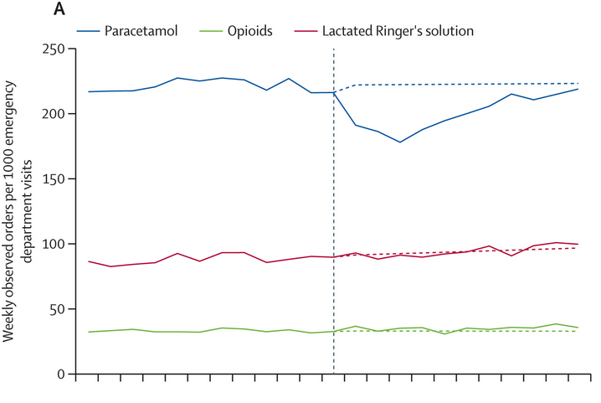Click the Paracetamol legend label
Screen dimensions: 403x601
click(x=143, y=31)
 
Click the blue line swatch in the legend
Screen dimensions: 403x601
click(x=89, y=31)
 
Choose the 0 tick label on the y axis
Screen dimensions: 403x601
click(x=60, y=375)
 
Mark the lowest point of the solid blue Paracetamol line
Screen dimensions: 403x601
click(x=400, y=142)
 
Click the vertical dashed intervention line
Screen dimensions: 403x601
click(x=334, y=251)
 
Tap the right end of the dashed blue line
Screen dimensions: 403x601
click(x=578, y=83)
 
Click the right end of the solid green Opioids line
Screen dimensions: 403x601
click(x=578, y=328)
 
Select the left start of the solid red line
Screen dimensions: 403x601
click(x=88, y=261)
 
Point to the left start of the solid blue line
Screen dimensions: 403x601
click(x=88, y=91)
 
